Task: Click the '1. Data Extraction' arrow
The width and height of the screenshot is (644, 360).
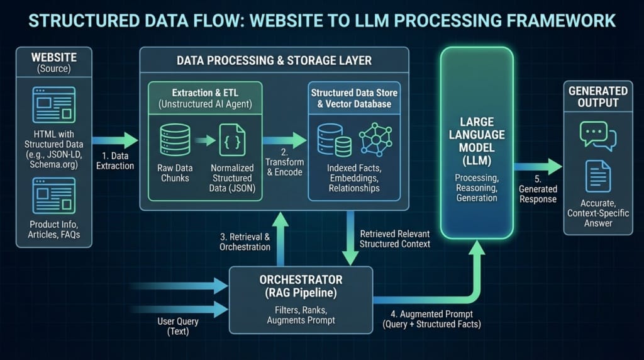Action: (x=115, y=140)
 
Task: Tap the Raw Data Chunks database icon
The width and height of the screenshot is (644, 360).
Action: (x=175, y=140)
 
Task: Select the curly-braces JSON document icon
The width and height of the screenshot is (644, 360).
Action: (x=232, y=140)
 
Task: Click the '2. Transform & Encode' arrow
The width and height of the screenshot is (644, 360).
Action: (x=285, y=140)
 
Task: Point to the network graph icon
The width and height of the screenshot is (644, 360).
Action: (x=376, y=139)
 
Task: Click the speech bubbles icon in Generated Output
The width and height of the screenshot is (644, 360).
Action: (x=598, y=136)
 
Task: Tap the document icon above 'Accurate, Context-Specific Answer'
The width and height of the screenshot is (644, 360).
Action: (x=598, y=176)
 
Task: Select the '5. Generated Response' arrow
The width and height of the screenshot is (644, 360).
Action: (x=538, y=166)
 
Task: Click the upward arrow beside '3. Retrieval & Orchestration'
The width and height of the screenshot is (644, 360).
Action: (x=280, y=239)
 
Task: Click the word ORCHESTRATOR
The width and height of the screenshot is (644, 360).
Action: (x=301, y=280)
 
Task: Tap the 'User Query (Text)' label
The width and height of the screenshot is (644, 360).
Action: (x=178, y=326)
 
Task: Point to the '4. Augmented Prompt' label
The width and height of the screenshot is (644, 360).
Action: (x=431, y=314)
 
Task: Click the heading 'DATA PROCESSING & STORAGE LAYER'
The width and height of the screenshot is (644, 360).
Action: (x=274, y=61)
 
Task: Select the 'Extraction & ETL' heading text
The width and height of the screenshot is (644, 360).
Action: (x=205, y=93)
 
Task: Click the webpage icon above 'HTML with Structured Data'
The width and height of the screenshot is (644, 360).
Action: (x=54, y=105)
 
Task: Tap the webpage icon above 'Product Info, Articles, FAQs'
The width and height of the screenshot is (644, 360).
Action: (x=54, y=196)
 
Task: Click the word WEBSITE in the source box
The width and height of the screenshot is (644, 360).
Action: (x=54, y=57)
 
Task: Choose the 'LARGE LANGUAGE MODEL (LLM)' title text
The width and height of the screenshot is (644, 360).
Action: (x=477, y=141)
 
